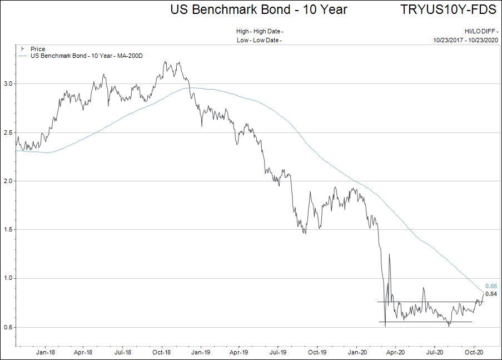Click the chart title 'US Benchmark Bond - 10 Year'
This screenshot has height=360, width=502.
pos(259,9)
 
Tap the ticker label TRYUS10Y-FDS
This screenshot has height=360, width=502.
pos(449,9)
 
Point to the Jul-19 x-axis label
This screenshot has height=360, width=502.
pos(277,353)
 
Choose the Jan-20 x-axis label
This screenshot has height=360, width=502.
pos(356,353)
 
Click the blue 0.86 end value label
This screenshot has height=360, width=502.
pos(491,286)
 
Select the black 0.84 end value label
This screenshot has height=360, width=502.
pos(491,294)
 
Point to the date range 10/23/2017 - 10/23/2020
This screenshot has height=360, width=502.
pos(466,40)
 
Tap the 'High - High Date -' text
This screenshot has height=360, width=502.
pos(260,32)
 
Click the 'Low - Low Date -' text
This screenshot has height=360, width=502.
pos(259,40)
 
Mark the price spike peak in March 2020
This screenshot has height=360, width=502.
pos(389,254)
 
